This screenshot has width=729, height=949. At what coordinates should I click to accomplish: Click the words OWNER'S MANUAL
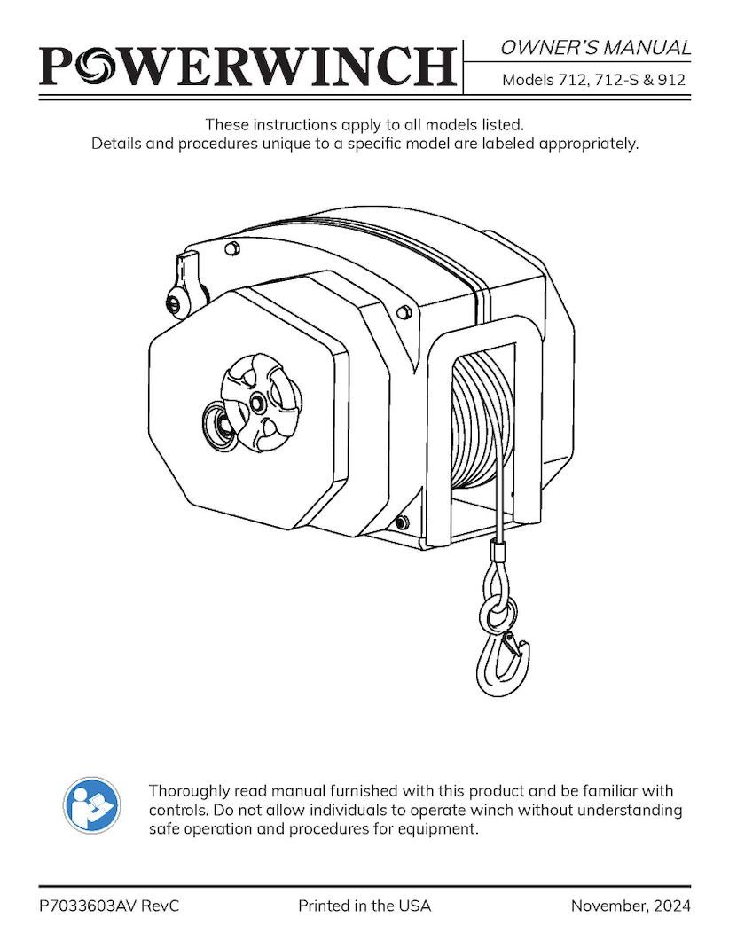click(x=595, y=47)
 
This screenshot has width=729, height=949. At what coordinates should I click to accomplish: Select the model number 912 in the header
click(x=671, y=80)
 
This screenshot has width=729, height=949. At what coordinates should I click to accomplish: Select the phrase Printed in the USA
click(x=364, y=906)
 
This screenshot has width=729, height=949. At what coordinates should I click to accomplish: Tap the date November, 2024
click(x=630, y=906)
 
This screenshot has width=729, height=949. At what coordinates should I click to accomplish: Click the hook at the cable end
click(x=503, y=661)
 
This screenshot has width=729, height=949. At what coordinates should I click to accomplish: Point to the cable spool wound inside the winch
click(x=479, y=417)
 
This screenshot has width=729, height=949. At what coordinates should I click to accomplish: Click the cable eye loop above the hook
click(x=498, y=581)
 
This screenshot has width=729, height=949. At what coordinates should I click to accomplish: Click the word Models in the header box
click(x=528, y=80)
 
